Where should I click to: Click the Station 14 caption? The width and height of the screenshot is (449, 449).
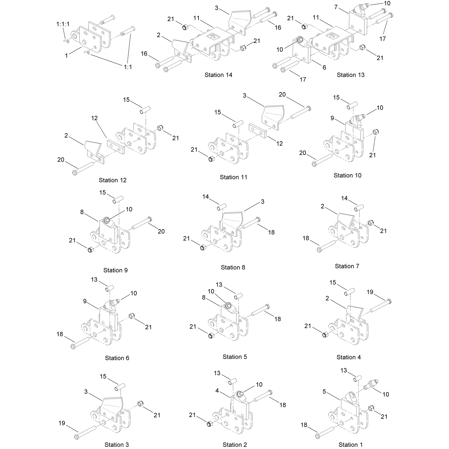click(218, 75)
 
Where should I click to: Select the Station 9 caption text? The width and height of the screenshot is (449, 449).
click(115, 270)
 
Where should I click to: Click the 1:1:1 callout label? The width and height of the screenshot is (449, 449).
click(63, 24)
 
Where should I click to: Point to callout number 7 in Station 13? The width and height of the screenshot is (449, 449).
click(336, 7)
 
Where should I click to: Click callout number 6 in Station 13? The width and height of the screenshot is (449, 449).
click(324, 67)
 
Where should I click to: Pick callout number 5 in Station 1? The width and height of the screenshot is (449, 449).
click(324, 392)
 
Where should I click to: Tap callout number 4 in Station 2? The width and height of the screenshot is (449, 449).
click(217, 391)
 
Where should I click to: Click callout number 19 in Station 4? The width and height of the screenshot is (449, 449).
click(370, 292)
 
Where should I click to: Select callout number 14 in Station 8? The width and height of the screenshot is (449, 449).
click(206, 197)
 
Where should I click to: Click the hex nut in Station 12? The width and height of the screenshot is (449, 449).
click(161, 128)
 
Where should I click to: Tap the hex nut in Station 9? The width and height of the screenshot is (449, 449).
click(90, 250)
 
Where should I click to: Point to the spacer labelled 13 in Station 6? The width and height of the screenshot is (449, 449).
click(110, 288)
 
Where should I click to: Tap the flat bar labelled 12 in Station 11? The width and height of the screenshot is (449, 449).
click(258, 130)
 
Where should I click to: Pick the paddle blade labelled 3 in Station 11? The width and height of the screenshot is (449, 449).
click(273, 117)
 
